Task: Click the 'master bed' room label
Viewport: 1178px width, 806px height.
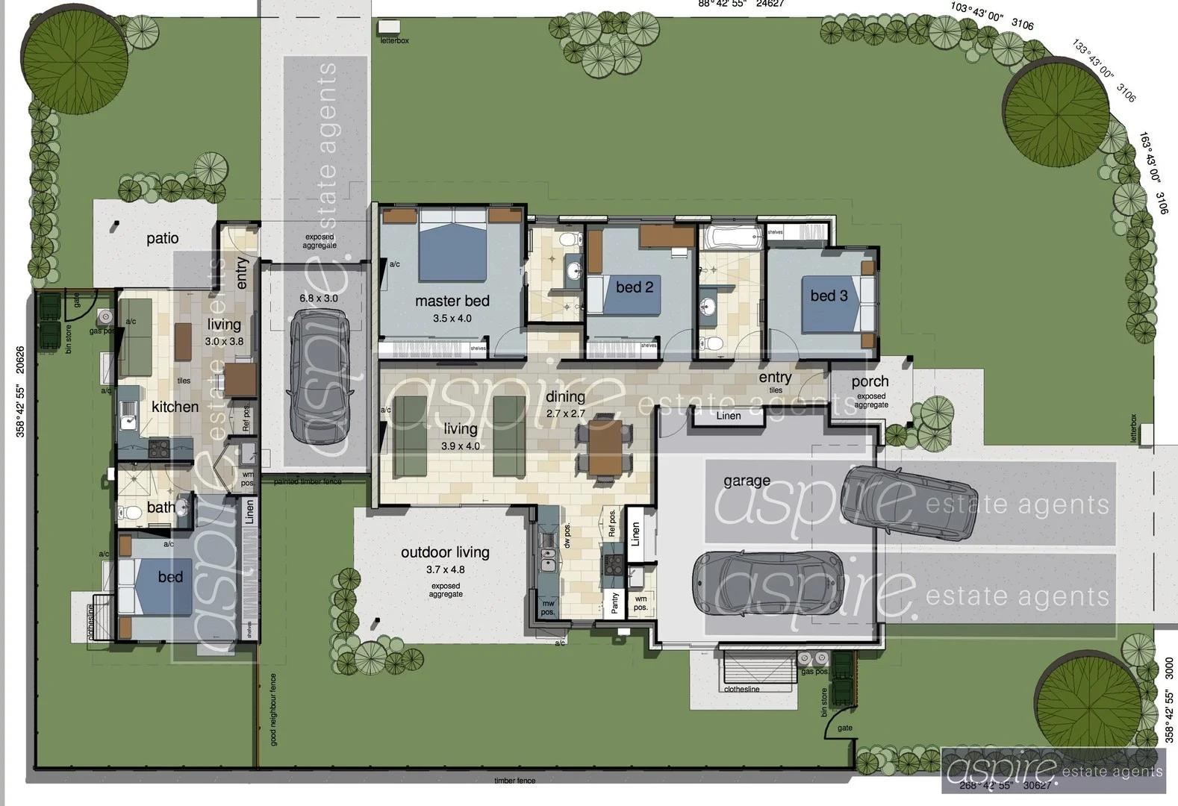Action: [x=452, y=301]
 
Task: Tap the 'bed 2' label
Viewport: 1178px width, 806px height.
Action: [x=635, y=287]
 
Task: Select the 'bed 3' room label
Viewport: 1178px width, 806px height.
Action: [x=829, y=296]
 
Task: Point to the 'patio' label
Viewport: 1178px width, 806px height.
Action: [x=162, y=238]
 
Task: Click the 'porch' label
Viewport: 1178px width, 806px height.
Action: [x=870, y=381]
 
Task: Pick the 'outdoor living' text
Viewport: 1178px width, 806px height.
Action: [x=445, y=552]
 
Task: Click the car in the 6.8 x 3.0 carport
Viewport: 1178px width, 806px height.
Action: [x=320, y=375]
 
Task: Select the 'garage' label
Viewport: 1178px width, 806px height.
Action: [x=747, y=481]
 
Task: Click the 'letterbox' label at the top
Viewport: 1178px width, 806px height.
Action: [x=395, y=41]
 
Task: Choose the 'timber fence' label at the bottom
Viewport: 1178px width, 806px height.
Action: [x=514, y=781]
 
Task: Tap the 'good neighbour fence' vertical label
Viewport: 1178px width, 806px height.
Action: [x=274, y=710]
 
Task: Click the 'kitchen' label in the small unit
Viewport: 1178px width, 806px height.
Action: [x=175, y=407]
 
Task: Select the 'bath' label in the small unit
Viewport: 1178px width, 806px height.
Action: [x=161, y=507]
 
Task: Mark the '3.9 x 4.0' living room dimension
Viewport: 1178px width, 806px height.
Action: [x=461, y=446]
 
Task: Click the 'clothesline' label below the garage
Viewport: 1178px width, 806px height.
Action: [x=741, y=690]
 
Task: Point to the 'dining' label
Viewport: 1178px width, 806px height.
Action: [x=565, y=397]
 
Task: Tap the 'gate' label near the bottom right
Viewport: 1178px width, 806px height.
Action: [x=845, y=728]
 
